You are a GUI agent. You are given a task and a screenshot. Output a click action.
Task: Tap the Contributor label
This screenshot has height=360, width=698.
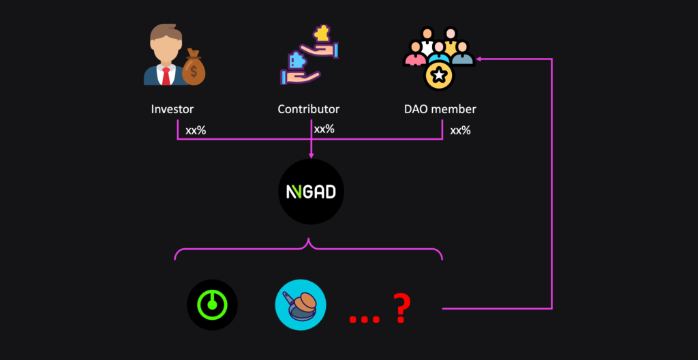pyautogui.click(x=308, y=109)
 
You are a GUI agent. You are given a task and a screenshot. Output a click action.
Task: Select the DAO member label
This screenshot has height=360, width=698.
pyautogui.click(x=439, y=109)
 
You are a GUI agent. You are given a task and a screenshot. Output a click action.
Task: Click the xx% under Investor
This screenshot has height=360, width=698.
pyautogui.click(x=196, y=130)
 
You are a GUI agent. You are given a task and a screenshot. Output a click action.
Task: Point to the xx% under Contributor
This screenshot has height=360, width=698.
pyautogui.click(x=324, y=128)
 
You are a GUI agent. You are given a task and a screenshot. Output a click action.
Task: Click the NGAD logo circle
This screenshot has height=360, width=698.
pyautogui.click(x=311, y=192)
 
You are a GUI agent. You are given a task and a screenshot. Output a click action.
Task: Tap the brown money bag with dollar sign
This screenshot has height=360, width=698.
pyautogui.click(x=194, y=69)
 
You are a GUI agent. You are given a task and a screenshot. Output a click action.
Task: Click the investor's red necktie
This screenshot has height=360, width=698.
pyautogui.click(x=166, y=75)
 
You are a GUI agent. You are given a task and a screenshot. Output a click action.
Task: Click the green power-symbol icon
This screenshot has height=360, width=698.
pyautogui.click(x=212, y=305)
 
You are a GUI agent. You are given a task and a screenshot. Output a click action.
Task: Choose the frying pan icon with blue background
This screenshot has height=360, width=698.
pyautogui.click(x=301, y=305)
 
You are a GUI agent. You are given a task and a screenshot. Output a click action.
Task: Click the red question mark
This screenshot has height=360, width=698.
pyautogui.click(x=401, y=309)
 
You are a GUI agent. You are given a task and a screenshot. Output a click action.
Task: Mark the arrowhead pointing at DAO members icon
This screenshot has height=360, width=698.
pyautogui.click(x=479, y=59)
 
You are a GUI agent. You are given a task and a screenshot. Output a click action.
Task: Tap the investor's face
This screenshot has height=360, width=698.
pyautogui.click(x=164, y=48)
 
